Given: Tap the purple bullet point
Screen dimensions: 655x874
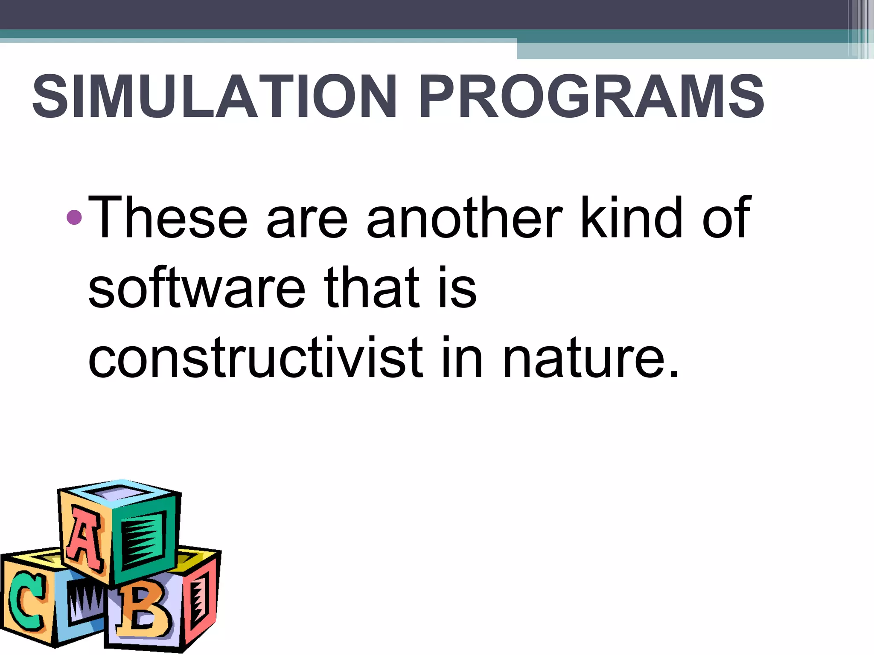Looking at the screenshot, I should (x=74, y=217).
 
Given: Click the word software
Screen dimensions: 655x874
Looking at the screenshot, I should (x=197, y=288).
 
